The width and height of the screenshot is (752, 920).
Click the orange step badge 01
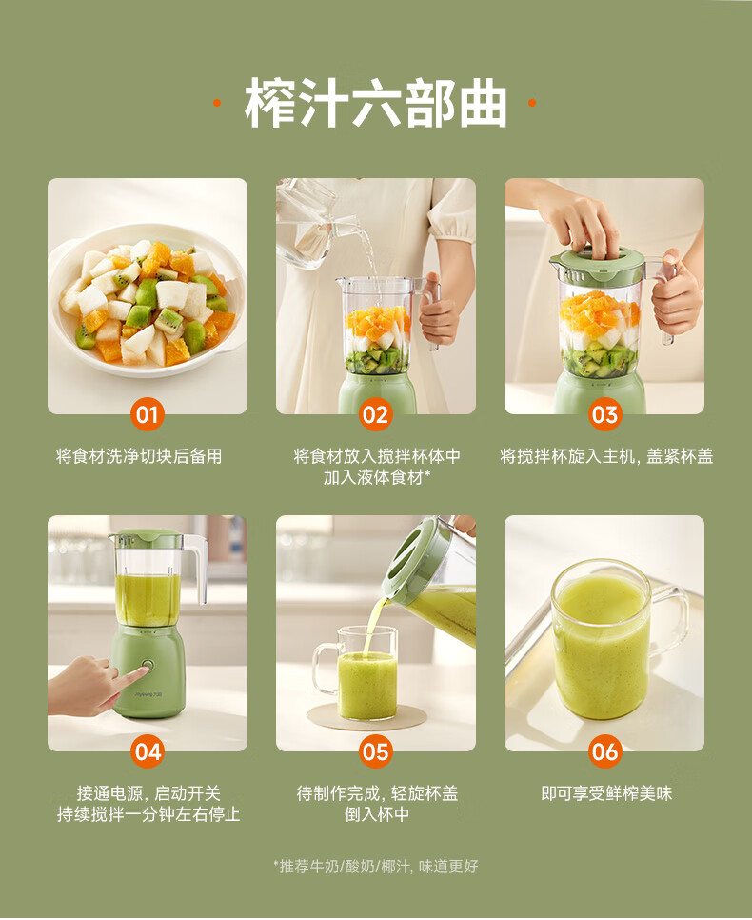[148, 414]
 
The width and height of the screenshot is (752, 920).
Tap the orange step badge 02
[375, 414]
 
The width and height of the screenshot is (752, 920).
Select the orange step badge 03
[604, 414]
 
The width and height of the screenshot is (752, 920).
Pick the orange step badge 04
[148, 751]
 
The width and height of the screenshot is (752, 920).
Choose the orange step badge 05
[375, 751]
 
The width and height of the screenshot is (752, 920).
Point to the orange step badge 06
[604, 751]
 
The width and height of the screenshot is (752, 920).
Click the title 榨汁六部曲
[375, 103]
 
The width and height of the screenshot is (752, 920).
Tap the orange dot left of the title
[217, 103]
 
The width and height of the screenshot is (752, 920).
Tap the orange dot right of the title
[532, 103]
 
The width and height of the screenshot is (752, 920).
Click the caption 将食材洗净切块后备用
[139, 456]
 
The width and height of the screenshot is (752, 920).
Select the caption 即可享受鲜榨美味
[606, 793]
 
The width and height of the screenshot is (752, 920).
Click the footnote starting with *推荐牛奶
[375, 866]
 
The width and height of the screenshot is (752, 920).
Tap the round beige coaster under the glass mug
[367, 717]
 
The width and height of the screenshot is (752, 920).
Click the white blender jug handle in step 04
[197, 568]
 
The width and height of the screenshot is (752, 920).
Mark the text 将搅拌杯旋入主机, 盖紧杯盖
[606, 456]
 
